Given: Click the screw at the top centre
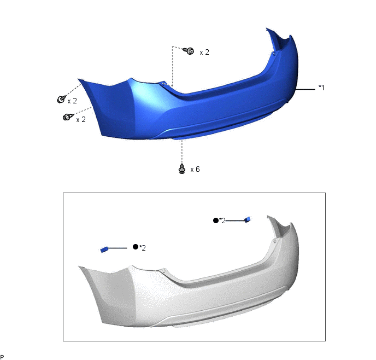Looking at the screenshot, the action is (x=189, y=51).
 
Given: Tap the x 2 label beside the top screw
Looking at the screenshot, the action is (x=204, y=52).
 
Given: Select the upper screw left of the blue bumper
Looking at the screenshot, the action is (x=62, y=99).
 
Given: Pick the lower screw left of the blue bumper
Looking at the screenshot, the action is (x=68, y=117).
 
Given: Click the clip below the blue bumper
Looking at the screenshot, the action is (x=182, y=169).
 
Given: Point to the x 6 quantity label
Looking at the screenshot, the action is (x=195, y=170).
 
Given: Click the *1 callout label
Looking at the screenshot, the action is (x=321, y=88).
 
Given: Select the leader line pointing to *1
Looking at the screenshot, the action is (x=305, y=89).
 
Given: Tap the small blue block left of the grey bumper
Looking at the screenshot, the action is (x=104, y=249).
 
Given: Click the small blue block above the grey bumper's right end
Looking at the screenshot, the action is (x=248, y=219).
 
